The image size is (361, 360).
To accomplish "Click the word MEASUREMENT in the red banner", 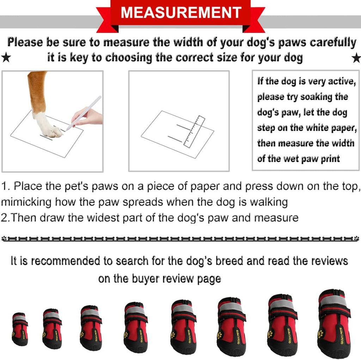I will click(180, 13).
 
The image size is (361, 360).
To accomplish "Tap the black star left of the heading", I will click(6, 58).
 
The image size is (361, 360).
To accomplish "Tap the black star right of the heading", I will click(356, 58).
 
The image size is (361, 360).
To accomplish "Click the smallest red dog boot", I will click(20, 329).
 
